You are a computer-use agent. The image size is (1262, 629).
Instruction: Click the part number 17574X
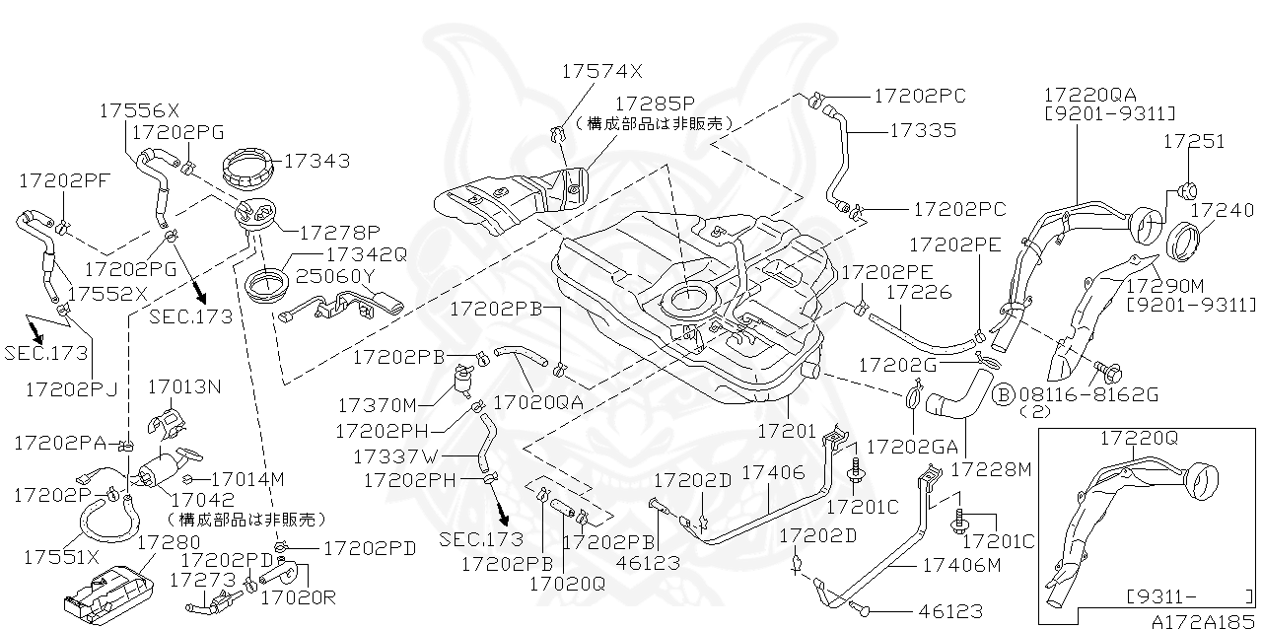coord(601,71)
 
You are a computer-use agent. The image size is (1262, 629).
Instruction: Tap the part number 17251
coord(1193,142)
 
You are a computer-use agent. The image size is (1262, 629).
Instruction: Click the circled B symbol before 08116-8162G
coord(1003,394)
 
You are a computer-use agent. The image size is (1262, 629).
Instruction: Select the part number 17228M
coord(992,470)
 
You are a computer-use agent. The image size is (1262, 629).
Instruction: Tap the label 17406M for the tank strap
coord(961,565)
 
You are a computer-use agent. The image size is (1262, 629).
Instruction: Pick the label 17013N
coord(184,386)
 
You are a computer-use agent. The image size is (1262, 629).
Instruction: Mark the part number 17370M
coord(378,404)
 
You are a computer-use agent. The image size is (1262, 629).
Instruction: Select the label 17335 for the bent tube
coord(922,129)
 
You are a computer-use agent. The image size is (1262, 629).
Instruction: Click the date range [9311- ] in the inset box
coord(1189,595)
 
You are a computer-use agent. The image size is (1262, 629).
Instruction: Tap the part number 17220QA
coord(1089,95)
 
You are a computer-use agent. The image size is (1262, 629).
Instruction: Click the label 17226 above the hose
coord(919,293)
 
